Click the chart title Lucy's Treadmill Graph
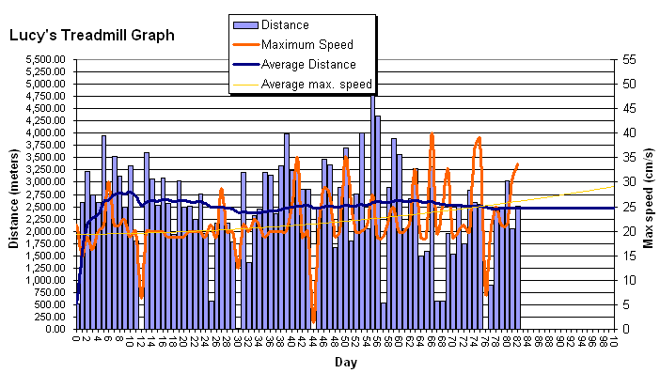pyautogui.click(x=91, y=36)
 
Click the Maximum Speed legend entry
pyautogui.click(x=306, y=44)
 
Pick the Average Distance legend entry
pyautogui.click(x=308, y=64)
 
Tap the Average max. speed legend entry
pyautogui.click(x=316, y=84)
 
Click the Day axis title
pyautogui.click(x=344, y=361)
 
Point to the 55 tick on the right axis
pyautogui.click(x=622, y=59)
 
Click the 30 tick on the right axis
pyautogui.click(x=622, y=182)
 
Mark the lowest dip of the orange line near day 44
pyautogui.click(x=313, y=319)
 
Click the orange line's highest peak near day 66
pyautogui.click(x=432, y=135)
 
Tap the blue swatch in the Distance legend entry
pyautogui.click(x=245, y=24)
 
